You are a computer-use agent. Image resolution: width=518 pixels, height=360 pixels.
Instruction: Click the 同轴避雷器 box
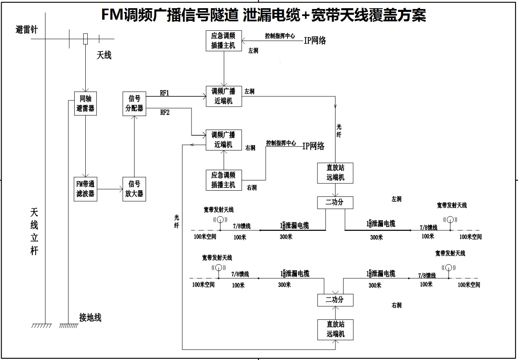(85, 103)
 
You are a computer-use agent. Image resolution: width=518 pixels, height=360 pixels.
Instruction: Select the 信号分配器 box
(134, 103)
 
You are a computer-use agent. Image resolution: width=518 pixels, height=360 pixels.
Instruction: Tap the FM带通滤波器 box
(85, 189)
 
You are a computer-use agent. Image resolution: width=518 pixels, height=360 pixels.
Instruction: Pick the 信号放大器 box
(134, 189)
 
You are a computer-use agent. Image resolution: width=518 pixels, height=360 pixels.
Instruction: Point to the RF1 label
(164, 93)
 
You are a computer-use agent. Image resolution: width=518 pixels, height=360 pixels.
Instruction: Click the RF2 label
(164, 113)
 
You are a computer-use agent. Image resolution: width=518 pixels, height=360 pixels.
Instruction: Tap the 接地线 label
(90, 317)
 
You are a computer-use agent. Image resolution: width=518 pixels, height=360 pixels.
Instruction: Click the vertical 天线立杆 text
(34, 232)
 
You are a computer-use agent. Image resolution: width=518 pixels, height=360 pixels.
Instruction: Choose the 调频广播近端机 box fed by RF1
(224, 96)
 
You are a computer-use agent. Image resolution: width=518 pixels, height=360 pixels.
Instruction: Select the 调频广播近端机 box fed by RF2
(224, 140)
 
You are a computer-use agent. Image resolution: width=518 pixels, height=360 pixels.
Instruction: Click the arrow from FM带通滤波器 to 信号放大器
(110, 189)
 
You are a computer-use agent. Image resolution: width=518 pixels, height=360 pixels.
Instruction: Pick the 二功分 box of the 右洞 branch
(335, 300)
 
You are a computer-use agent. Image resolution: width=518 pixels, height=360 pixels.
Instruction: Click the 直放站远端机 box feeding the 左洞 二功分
(335, 173)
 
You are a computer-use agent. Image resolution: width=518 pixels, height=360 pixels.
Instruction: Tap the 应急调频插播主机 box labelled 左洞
(224, 41)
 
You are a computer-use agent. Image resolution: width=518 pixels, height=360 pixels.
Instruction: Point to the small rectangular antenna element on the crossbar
(85, 39)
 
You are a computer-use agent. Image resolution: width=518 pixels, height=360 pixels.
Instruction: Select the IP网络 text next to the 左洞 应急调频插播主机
(315, 40)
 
